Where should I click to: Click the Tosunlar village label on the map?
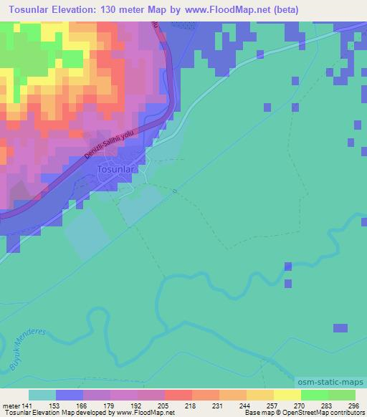click(x=113, y=168)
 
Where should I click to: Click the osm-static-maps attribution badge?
click(x=331, y=383)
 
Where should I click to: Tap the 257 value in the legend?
click(x=274, y=406)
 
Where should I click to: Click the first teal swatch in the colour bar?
click(x=42, y=395)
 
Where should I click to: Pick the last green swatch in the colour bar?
click(x=342, y=395)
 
